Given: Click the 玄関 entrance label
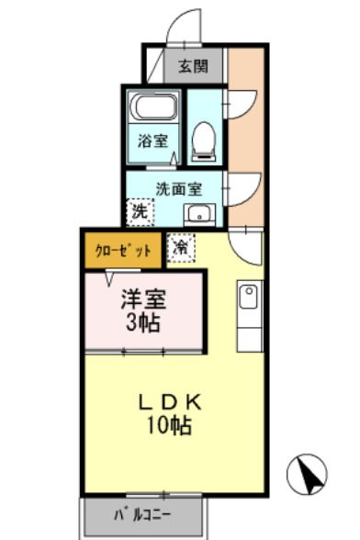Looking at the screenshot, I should click(x=194, y=66).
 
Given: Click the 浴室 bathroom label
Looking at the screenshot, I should click(x=152, y=141).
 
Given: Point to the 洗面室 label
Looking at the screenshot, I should click(x=178, y=189).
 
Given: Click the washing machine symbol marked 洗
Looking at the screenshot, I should click(x=140, y=210).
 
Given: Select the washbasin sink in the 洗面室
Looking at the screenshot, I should click(x=197, y=215).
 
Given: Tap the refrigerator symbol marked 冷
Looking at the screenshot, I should click(x=182, y=248).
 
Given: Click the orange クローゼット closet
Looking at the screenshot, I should click(x=123, y=251).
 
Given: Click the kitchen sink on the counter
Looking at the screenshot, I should click(x=248, y=297).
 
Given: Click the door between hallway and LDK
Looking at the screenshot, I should click(x=245, y=245).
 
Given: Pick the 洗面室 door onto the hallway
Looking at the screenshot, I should click(x=241, y=188).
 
